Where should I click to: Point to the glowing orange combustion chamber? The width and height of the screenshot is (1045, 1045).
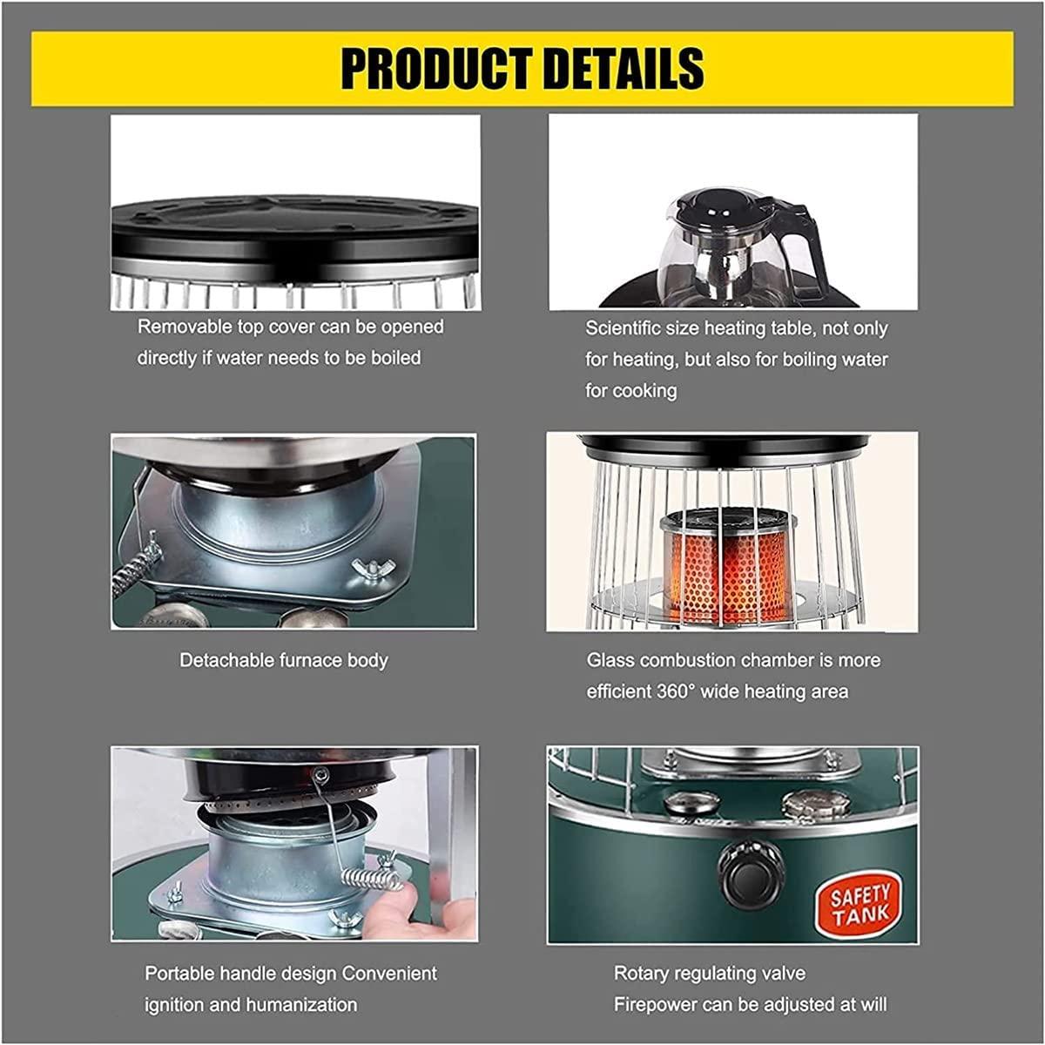(x=728, y=575)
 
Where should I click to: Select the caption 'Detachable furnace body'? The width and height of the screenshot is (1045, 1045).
(x=284, y=660)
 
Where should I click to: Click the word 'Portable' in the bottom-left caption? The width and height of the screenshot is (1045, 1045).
(x=179, y=974)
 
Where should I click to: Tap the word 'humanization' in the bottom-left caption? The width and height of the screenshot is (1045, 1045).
(x=306, y=1005)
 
